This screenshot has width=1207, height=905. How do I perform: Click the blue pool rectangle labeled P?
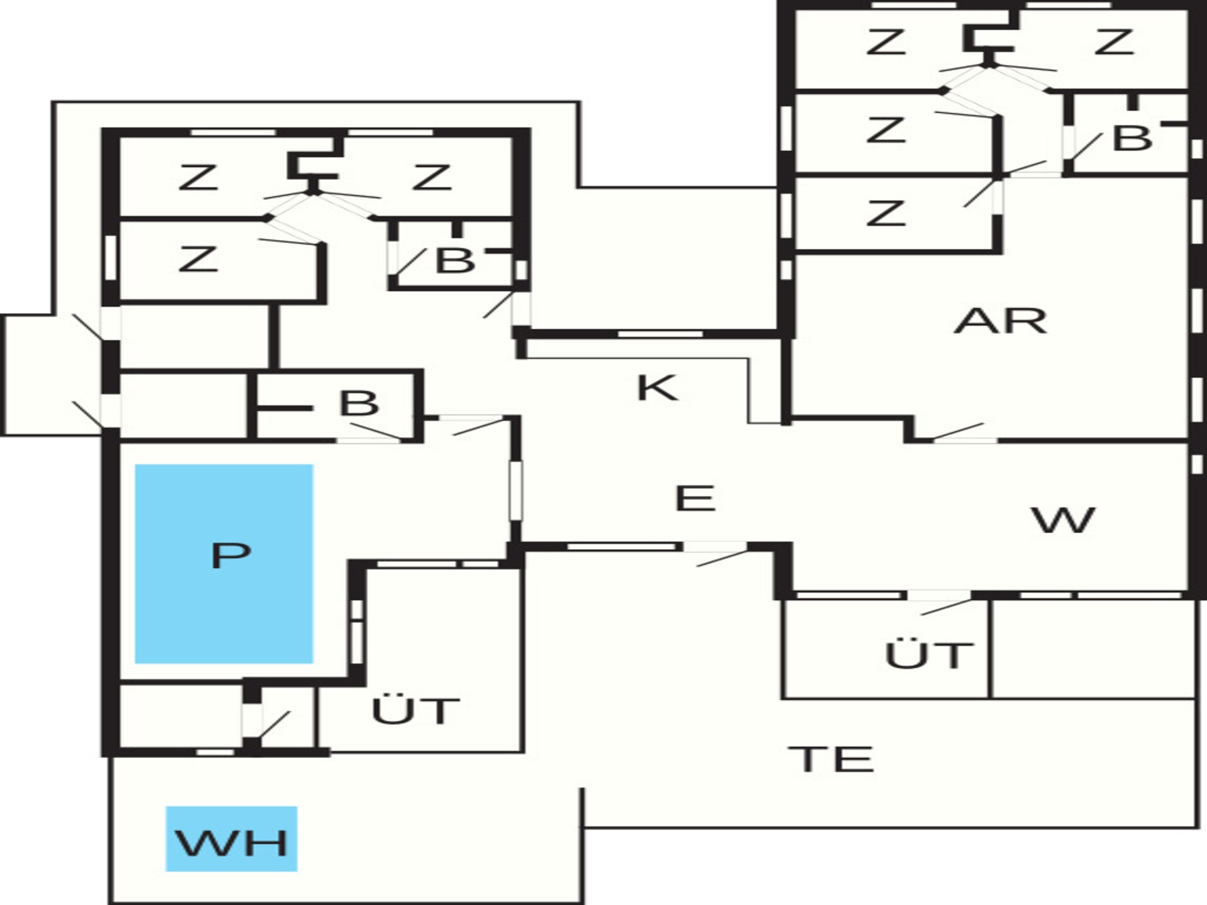[x=224, y=564]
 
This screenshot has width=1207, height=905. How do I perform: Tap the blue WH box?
[x=231, y=838]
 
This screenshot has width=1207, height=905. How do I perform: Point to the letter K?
[x=657, y=388]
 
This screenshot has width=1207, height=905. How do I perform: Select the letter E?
[x=695, y=498]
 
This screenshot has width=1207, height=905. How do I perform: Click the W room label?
[x=1063, y=520]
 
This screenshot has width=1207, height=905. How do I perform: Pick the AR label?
[x=1000, y=321]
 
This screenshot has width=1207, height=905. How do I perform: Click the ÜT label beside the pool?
[x=416, y=710]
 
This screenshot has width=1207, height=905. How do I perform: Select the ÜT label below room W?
[x=929, y=654]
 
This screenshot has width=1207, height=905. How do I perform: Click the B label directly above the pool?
[x=359, y=403]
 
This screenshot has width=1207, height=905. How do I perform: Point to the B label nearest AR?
[x=1132, y=138]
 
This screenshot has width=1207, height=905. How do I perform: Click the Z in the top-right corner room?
[x=1113, y=42]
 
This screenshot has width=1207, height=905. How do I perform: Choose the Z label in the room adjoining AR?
[x=886, y=212]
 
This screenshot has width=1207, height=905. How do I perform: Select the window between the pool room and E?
[x=515, y=491]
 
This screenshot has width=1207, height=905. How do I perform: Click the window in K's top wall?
[x=659, y=333]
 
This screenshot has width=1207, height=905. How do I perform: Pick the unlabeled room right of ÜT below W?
[x=1093, y=649]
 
